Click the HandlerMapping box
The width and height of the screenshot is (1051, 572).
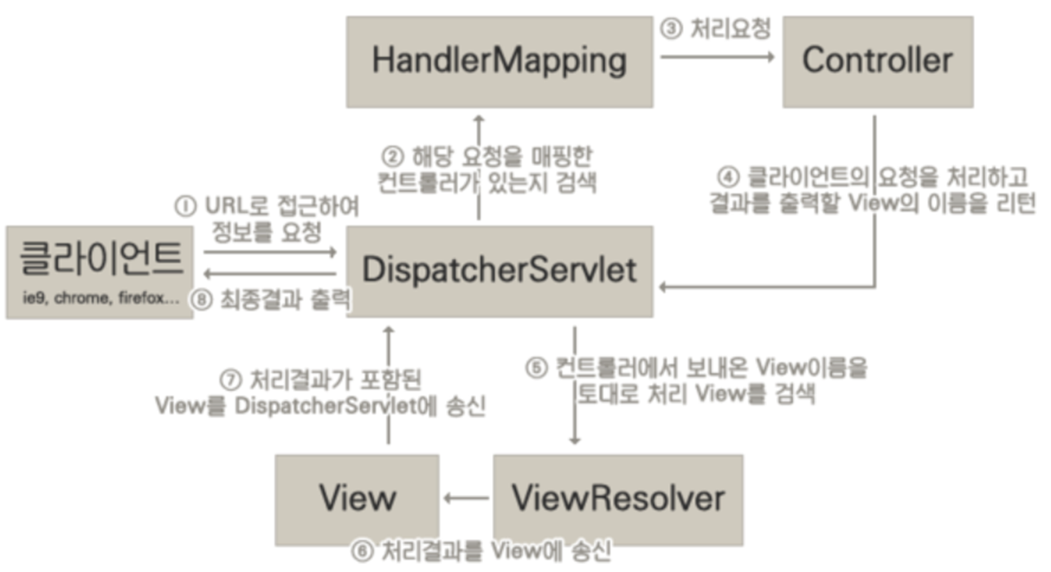click(x=499, y=61)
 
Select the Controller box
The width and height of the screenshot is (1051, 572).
click(x=876, y=61)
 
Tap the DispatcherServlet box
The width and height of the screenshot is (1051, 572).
click(x=499, y=271)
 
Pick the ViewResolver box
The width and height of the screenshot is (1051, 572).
click(x=618, y=499)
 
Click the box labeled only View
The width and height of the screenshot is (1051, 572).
click(x=356, y=499)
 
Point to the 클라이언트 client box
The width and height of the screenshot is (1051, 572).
click(x=99, y=271)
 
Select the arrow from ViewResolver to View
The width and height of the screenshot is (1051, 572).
click(x=466, y=498)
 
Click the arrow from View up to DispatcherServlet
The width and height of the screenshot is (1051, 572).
click(x=389, y=385)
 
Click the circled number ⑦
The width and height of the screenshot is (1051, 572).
click(x=230, y=379)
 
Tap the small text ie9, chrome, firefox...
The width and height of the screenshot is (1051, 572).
click(x=99, y=300)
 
